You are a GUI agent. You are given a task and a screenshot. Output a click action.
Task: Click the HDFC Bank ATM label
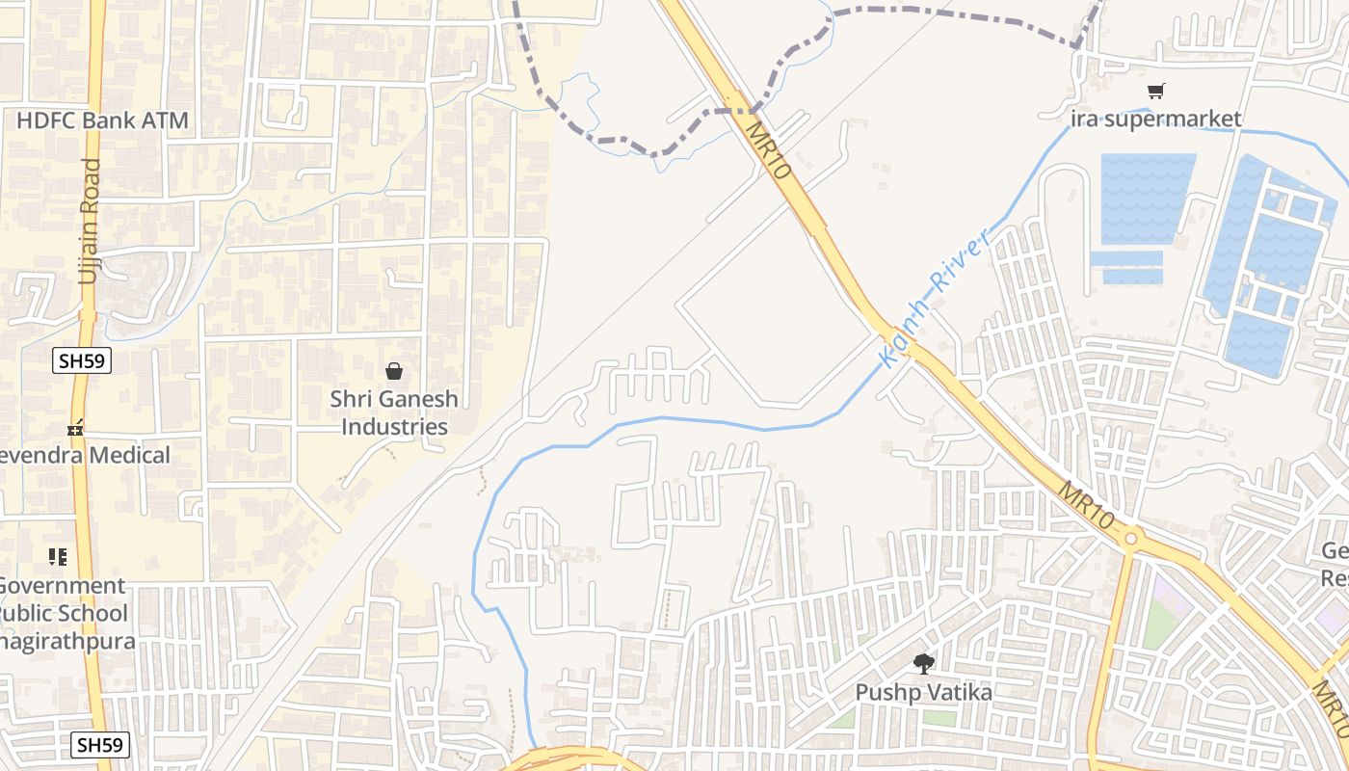102,121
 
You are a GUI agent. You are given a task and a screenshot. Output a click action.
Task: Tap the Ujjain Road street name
90,221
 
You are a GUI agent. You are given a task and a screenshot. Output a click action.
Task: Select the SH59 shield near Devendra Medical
82,361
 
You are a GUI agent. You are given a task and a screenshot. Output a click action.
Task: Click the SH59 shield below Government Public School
101,745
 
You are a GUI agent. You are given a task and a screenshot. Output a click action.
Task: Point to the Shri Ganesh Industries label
394,412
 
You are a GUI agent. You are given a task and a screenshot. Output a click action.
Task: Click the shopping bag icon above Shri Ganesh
394,371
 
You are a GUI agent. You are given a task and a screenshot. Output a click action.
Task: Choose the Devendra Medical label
87,455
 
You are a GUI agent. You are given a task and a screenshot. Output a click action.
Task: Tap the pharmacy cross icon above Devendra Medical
75,427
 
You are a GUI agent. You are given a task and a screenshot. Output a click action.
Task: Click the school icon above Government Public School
58,557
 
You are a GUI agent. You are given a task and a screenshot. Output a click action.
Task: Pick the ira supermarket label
1156,120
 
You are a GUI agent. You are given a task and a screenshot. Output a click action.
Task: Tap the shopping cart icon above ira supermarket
1156,92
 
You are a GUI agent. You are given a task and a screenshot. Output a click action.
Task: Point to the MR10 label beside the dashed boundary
768,149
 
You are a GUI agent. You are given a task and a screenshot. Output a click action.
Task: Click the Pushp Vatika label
924,692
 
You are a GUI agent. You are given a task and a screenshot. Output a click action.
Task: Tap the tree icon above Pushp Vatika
924,663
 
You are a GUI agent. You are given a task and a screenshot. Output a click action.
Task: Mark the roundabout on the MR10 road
1131,538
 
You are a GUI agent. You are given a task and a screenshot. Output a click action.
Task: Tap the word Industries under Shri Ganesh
395,427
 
